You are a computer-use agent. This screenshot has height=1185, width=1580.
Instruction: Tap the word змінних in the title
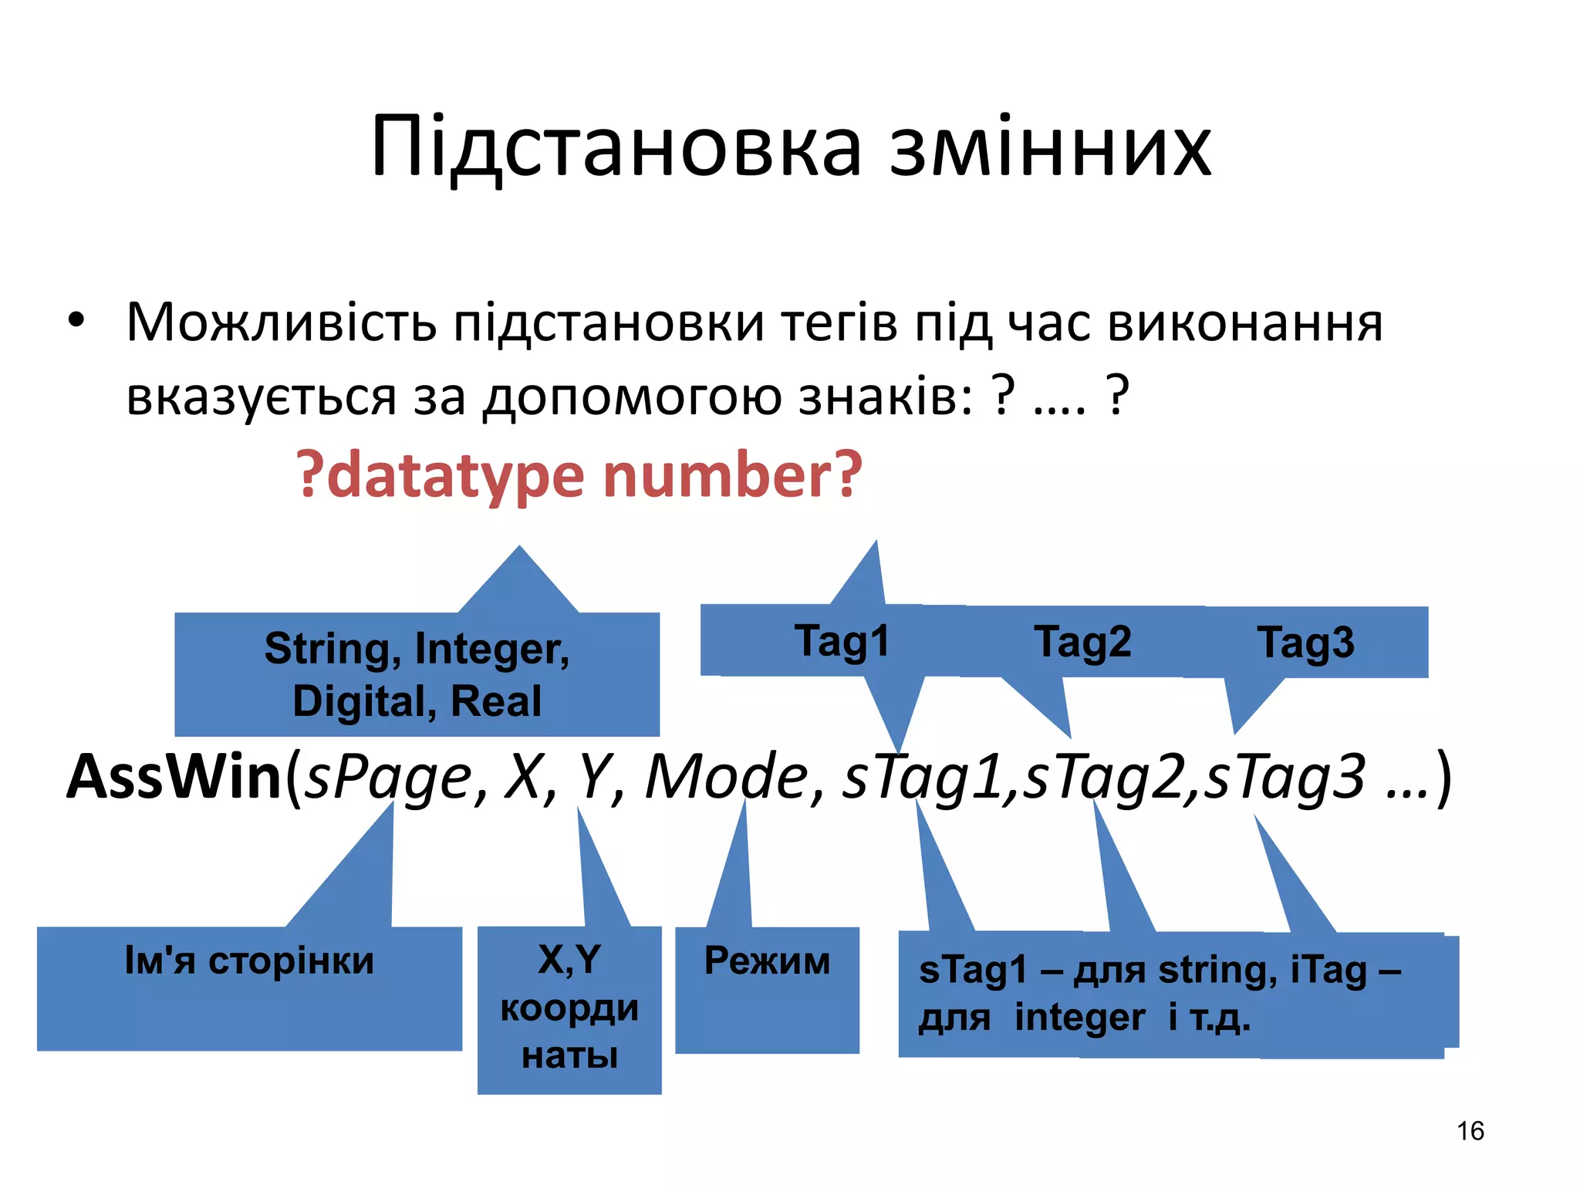[x=1050, y=147]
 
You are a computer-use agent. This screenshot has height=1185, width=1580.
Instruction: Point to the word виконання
[x=1244, y=322]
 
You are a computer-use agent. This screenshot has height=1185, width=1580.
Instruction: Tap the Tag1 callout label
[x=842, y=641]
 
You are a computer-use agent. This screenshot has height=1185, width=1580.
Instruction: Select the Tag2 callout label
[x=1082, y=642]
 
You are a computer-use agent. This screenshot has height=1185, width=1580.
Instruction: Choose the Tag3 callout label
[x=1305, y=643]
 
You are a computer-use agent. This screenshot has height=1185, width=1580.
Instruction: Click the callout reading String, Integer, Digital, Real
[x=417, y=674]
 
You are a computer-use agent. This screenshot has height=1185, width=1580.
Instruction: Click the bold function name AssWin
[x=174, y=776]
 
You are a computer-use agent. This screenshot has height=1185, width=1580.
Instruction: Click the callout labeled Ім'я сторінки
[x=249, y=961]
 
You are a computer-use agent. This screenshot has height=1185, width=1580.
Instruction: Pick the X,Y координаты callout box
[x=569, y=1008]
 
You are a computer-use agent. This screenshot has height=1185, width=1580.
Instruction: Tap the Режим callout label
[x=767, y=962]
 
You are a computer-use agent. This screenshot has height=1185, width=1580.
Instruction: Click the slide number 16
[x=1470, y=1131]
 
